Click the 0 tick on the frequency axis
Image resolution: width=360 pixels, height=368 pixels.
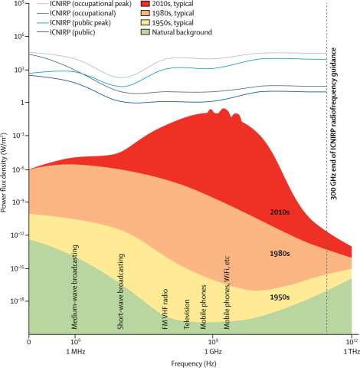point(28,340)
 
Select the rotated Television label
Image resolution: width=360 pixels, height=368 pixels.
point(186,314)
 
